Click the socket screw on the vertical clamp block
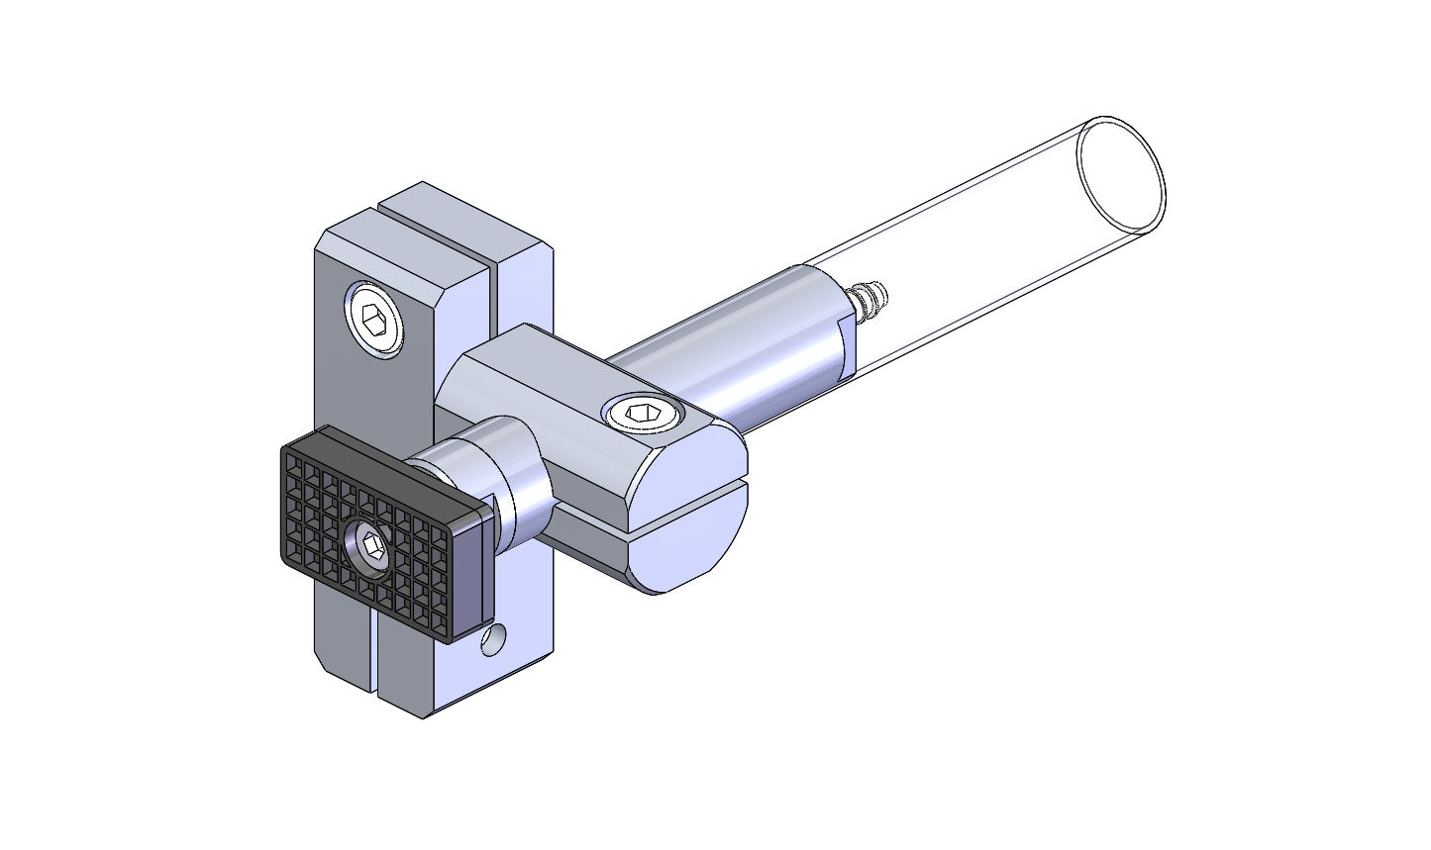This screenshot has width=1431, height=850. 375,317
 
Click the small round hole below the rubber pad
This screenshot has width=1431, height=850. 492,640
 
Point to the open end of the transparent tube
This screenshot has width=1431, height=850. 1120,175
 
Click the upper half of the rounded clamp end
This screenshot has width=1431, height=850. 693,460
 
